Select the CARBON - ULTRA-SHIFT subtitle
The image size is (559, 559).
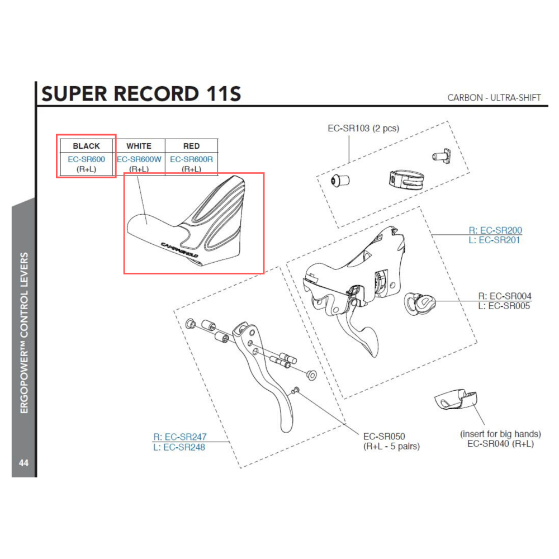point(494,98)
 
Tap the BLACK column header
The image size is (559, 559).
point(86,146)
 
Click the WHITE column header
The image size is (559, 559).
point(139,146)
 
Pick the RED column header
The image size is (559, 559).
point(191,146)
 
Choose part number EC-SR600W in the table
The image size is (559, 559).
point(139,159)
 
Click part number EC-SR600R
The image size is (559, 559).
point(191,159)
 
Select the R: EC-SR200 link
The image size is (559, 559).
point(495,230)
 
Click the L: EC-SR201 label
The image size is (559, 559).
point(496,240)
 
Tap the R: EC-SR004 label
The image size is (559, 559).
point(504,296)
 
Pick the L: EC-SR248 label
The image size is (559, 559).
point(179,447)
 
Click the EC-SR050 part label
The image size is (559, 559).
point(384,436)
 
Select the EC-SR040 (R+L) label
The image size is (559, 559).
point(500,443)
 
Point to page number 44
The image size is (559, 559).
point(23,463)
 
